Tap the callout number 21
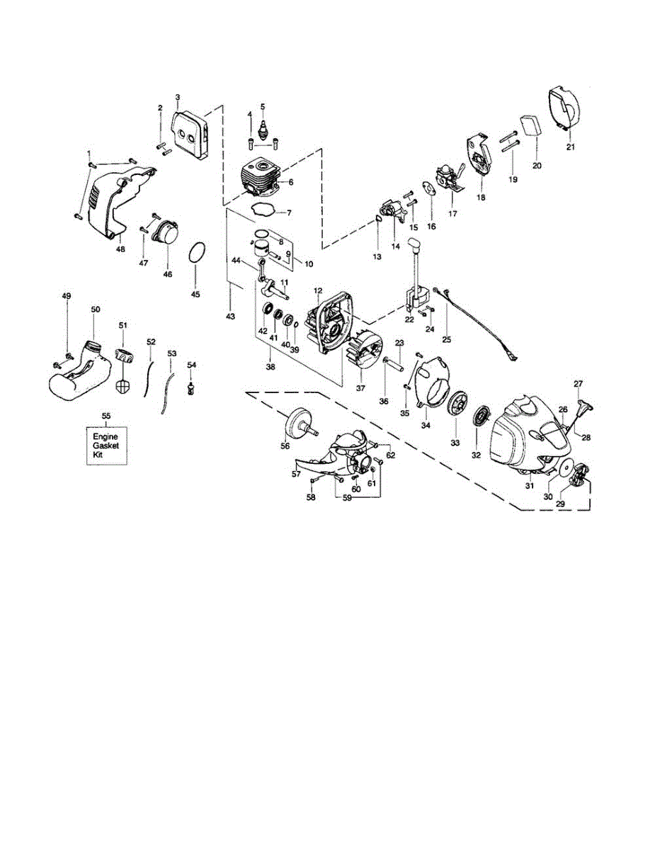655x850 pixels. coord(571,147)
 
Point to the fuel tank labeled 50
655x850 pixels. coord(79,373)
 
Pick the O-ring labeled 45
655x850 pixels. coord(199,252)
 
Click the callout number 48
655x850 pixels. coord(120,249)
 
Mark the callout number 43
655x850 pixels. coord(230,316)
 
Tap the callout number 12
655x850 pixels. coord(318,290)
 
